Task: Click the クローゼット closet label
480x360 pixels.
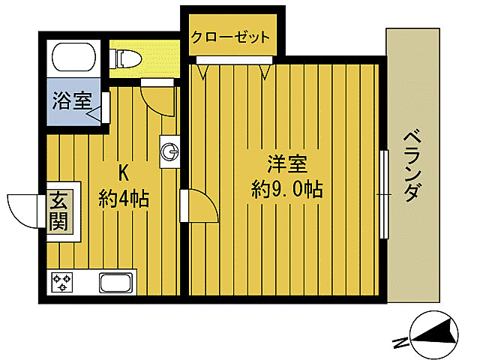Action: pos(229,37)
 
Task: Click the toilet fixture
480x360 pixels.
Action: pos(127,58)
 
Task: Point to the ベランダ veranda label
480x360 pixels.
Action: pos(410,166)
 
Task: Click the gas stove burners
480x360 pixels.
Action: pos(61,283)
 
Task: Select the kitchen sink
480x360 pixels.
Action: pos(116,283)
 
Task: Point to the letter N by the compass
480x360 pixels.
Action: pos(400,343)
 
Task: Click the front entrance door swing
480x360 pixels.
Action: pos(25,209)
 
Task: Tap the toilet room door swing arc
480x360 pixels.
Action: pos(157,101)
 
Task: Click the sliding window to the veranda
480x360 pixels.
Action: pos(383,193)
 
